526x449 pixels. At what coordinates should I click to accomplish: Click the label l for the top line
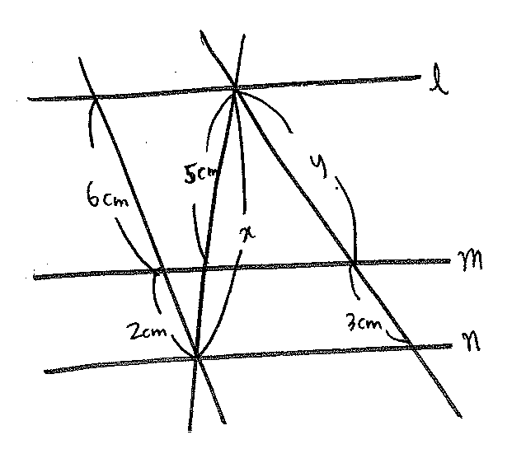point(439,80)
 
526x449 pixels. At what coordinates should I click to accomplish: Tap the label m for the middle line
point(470,260)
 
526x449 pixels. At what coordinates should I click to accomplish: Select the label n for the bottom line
point(471,343)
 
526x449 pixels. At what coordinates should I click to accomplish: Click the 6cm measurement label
point(107,194)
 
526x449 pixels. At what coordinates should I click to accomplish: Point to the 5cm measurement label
point(200,175)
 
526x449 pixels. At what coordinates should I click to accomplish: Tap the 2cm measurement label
point(147,332)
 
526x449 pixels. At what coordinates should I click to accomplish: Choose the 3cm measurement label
point(364,323)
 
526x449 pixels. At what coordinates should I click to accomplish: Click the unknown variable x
point(247,234)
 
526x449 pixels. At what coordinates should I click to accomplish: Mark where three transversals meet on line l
point(235,89)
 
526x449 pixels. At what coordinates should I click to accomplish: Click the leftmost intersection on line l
point(96,97)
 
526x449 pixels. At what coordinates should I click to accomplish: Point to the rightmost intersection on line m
point(354,263)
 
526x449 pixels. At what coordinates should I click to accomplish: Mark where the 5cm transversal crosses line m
point(204,268)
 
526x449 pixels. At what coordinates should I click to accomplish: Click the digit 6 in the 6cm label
point(93,194)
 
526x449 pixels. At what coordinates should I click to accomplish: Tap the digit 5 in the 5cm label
point(190,175)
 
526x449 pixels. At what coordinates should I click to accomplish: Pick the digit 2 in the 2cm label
point(134,332)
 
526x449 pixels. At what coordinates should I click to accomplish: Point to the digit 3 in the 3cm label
point(352,323)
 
